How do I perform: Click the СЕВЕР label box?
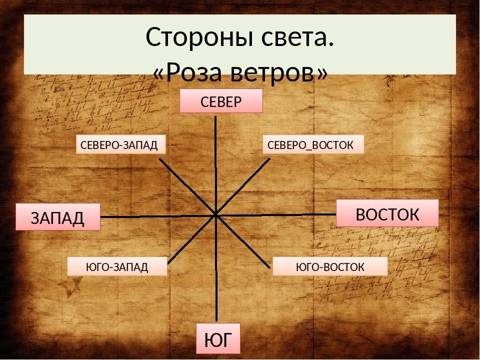pyautogui.click(x=221, y=101)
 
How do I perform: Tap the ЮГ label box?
pyautogui.click(x=218, y=338)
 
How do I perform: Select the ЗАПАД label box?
pyautogui.click(x=58, y=217)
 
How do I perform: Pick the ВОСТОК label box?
pyautogui.click(x=387, y=213)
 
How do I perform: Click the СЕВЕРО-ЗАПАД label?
pyautogui.click(x=120, y=144)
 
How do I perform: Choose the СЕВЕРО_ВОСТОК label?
pyautogui.click(x=313, y=144)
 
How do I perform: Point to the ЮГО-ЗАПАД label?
pyautogui.click(x=117, y=266)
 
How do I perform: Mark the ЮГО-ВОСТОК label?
pyautogui.click(x=330, y=266)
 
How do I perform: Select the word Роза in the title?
pyautogui.click(x=194, y=72)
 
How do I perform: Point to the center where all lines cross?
pyautogui.click(x=216, y=215)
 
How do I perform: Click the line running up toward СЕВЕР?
pyautogui.click(x=215, y=165)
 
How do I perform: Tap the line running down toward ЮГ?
pyautogui.click(x=216, y=268)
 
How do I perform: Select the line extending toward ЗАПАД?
pyautogui.click(x=158, y=216)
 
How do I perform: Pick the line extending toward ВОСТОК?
pyautogui.click(x=276, y=215)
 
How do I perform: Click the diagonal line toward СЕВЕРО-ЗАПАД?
pyautogui.click(x=187, y=186)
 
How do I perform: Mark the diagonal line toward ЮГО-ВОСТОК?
pyautogui.click(x=243, y=242)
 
